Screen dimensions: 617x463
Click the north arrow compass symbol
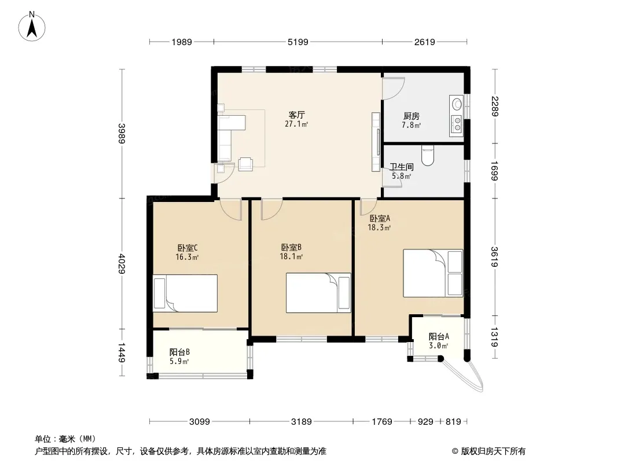[x=31, y=27]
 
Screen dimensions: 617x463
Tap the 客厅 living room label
[x=297, y=115]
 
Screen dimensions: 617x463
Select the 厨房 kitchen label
[x=411, y=116]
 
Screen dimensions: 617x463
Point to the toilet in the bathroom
[x=427, y=155]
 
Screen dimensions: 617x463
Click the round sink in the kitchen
[x=457, y=104]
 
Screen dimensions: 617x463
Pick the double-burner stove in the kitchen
[x=457, y=123]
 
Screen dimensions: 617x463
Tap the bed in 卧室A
[x=433, y=273]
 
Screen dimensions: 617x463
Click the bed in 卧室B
[x=318, y=293]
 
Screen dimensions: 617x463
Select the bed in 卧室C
[x=185, y=293]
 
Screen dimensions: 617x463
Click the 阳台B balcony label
[x=179, y=352]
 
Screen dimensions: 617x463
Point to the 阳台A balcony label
[x=439, y=337]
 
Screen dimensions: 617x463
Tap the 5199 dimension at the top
[x=298, y=42]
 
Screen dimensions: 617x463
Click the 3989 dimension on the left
[x=122, y=134]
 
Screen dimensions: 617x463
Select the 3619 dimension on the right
[x=494, y=257]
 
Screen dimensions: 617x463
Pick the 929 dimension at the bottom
[x=425, y=422]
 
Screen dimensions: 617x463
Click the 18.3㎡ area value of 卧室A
[x=379, y=227]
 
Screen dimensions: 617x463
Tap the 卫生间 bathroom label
[x=401, y=167]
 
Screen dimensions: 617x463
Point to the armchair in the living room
[x=245, y=164]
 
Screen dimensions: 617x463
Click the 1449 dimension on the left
[x=122, y=353]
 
